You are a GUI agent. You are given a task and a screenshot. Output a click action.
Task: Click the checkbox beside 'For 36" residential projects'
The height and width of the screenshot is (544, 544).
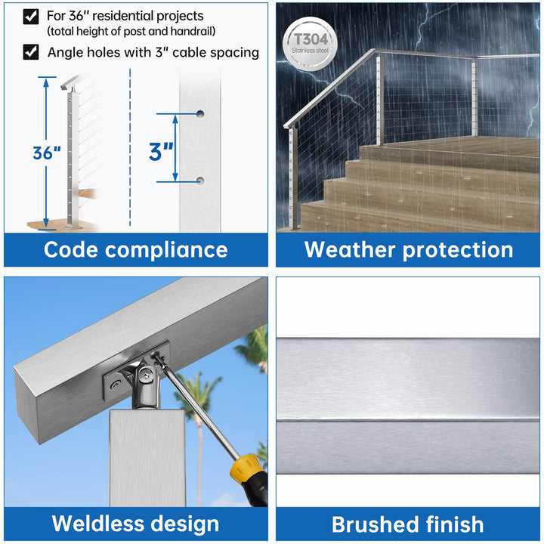tap(31, 15)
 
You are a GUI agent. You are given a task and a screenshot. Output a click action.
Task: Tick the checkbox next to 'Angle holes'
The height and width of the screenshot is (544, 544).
tap(31, 52)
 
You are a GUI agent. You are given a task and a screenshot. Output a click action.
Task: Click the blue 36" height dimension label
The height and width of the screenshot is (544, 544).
tap(47, 153)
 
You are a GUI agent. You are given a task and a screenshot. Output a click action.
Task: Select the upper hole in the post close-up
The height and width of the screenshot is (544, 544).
tap(200, 113)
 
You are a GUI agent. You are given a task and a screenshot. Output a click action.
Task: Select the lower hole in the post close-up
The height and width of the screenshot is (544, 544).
tap(200, 180)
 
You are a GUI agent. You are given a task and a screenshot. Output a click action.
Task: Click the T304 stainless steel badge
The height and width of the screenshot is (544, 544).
tap(308, 41)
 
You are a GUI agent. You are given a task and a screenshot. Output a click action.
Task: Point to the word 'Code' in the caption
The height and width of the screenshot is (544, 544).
tap(75, 249)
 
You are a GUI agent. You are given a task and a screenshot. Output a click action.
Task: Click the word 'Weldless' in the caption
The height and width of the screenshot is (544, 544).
tap(97, 523)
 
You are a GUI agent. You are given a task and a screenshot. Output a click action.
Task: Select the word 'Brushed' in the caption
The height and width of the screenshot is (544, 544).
tap(376, 523)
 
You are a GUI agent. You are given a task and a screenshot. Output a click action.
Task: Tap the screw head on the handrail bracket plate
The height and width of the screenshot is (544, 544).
tap(114, 385)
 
